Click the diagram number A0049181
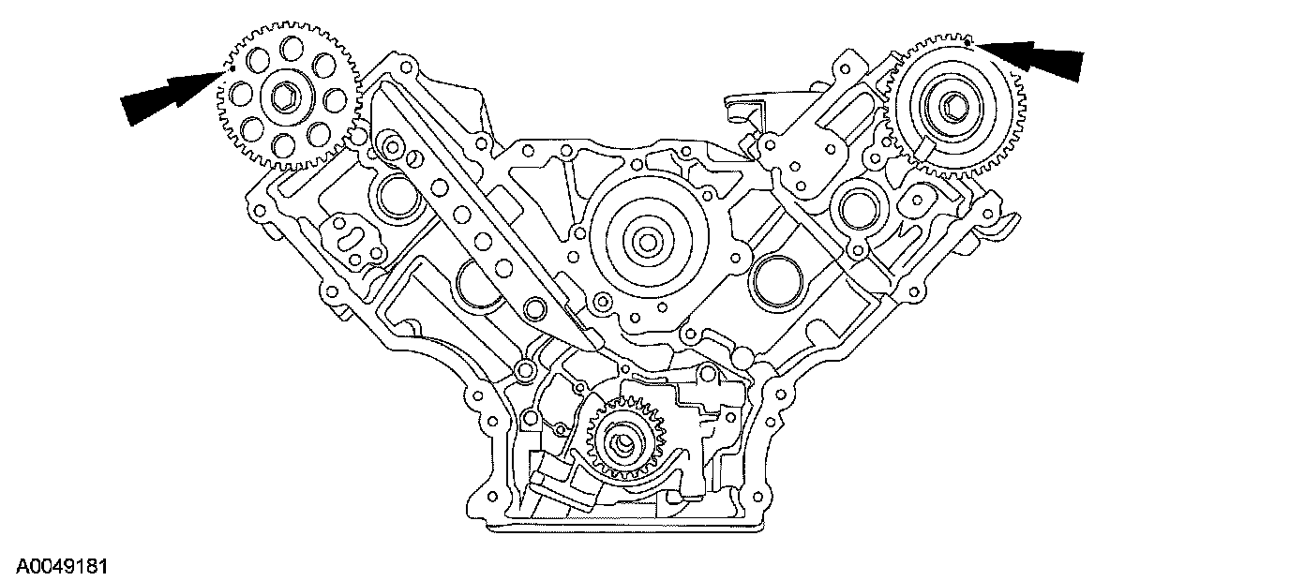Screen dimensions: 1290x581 (56, 566)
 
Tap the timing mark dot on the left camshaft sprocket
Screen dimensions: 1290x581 (232, 68)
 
